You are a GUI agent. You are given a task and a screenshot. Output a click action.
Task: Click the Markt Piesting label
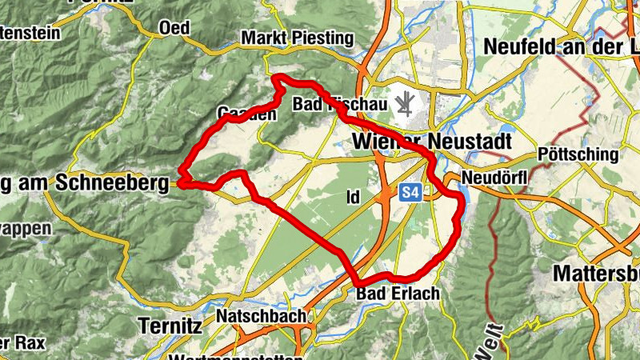(297, 38)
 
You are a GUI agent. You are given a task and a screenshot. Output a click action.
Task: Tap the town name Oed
(174, 28)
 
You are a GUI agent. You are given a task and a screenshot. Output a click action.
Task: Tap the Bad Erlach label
(398, 294)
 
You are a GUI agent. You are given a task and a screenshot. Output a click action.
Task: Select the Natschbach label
(261, 317)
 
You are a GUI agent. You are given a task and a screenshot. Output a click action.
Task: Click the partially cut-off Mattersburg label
(596, 273)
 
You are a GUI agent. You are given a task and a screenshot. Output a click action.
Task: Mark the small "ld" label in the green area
(354, 197)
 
